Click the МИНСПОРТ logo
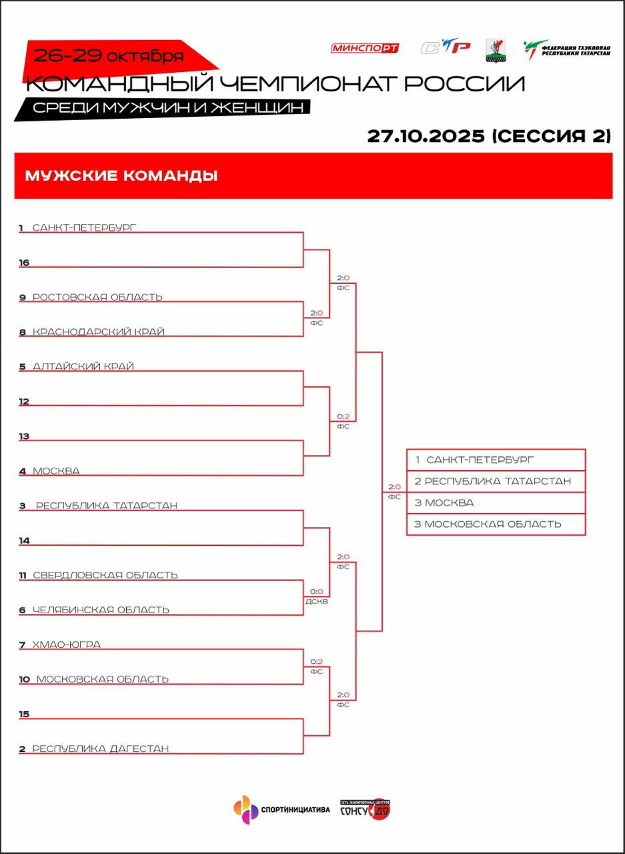click(x=365, y=48)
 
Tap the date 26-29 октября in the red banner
click(x=108, y=55)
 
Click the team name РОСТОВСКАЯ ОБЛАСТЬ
click(x=97, y=297)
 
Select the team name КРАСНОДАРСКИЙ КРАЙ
click(x=98, y=332)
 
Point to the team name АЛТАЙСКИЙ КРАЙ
click(x=83, y=366)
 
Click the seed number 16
click(x=24, y=263)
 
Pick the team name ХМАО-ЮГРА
click(x=66, y=645)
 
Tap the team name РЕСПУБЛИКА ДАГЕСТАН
click(x=100, y=749)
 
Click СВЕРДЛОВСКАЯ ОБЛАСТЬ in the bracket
click(x=105, y=575)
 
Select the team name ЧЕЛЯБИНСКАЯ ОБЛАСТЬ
click(x=100, y=610)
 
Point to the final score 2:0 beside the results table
click(x=394, y=487)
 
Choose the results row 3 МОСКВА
click(x=496, y=502)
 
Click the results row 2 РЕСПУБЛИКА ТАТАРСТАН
click(x=496, y=481)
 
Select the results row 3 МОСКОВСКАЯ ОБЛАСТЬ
click(x=496, y=524)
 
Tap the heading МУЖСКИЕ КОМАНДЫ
click(x=121, y=176)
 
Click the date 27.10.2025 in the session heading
click(x=426, y=136)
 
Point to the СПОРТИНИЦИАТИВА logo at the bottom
click(x=282, y=810)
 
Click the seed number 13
click(x=24, y=436)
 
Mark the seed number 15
click(x=24, y=714)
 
